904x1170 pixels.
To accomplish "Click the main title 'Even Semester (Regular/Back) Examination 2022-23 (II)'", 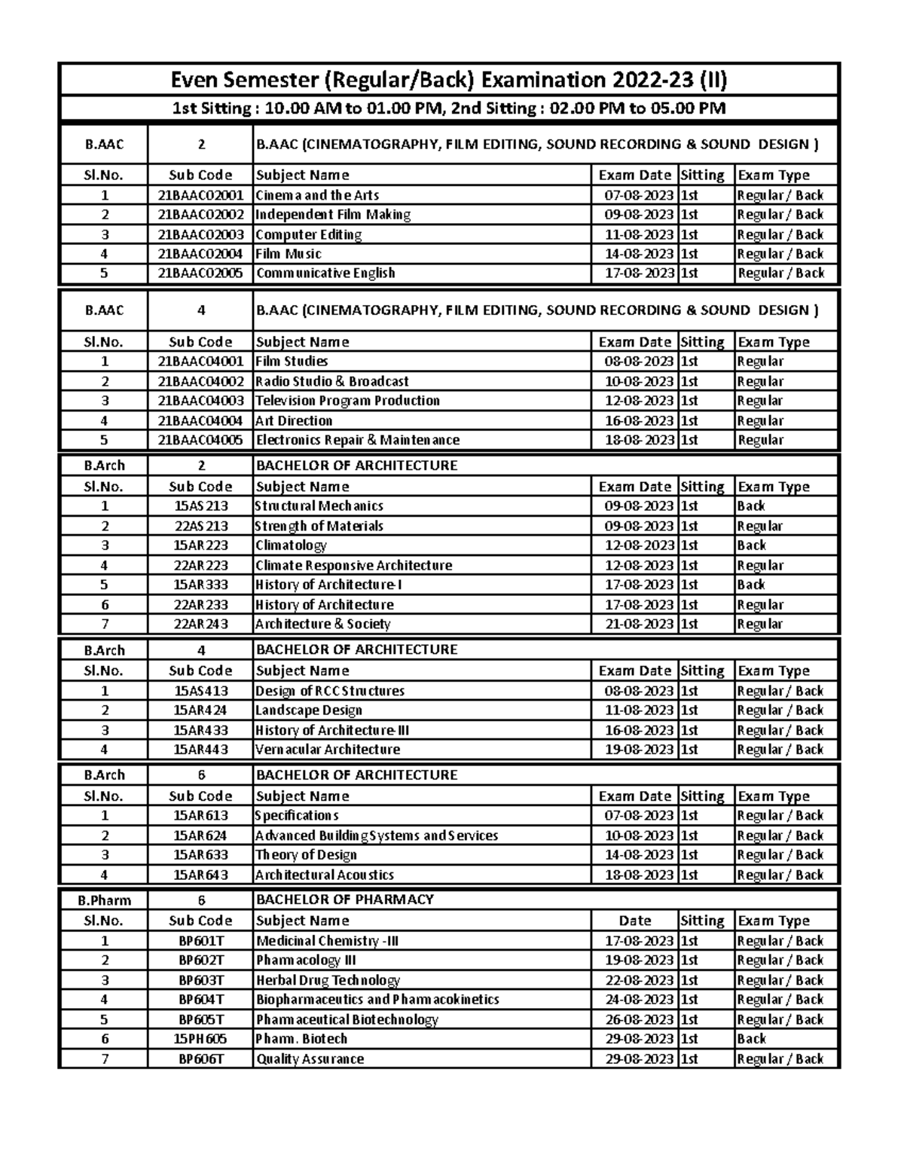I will click(x=449, y=80).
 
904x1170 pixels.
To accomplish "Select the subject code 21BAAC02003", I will click(x=200, y=234).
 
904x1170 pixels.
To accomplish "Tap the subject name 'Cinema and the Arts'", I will click(x=317, y=195).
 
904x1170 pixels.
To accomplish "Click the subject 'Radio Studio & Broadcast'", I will click(x=332, y=381).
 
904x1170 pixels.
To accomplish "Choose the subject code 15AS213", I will click(x=200, y=506).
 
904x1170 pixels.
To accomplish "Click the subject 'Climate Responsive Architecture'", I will click(x=353, y=565).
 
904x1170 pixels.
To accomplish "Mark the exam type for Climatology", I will click(x=751, y=545).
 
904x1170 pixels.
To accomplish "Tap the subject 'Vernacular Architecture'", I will click(x=328, y=750).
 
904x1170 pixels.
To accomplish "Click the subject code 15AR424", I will click(x=200, y=710).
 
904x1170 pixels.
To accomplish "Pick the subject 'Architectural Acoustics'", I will click(x=325, y=875).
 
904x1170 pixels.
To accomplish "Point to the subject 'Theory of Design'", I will click(x=306, y=855).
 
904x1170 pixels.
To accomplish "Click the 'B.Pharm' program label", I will click(x=104, y=900).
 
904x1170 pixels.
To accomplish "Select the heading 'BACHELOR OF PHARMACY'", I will click(x=345, y=900).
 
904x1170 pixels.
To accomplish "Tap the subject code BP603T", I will click(x=200, y=980).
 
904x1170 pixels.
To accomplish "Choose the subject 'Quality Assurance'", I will click(x=310, y=1058).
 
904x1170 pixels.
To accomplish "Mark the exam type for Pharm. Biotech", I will click(x=751, y=1039).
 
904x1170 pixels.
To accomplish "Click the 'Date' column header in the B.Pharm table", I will click(x=634, y=921).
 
